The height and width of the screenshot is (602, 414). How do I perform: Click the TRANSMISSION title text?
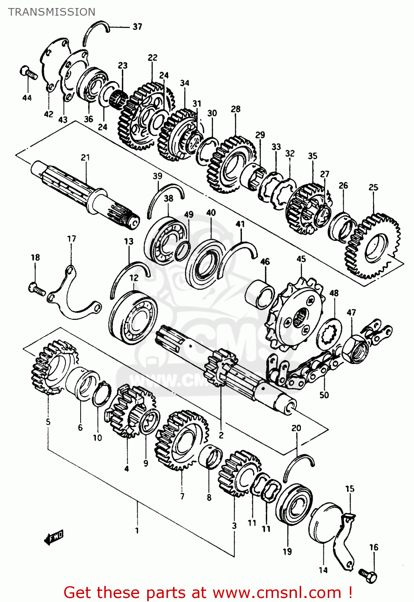click(52, 12)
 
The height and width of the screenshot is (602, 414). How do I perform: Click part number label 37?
click(137, 26)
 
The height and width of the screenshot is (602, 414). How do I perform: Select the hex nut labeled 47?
click(355, 348)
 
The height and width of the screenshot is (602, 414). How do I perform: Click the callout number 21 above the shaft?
click(85, 157)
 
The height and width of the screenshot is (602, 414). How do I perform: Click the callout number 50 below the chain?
click(324, 395)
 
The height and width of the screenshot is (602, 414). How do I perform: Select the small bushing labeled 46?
click(260, 295)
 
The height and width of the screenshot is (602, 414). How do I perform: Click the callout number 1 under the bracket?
click(137, 531)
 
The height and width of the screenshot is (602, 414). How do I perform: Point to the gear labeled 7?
click(182, 440)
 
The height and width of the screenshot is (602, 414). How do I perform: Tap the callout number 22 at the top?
click(152, 57)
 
